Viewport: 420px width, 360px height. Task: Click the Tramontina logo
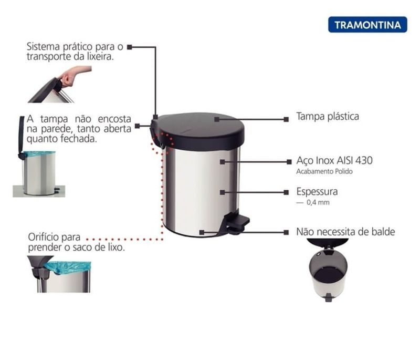pos(367,25)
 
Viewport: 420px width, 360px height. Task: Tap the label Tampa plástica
pos(328,117)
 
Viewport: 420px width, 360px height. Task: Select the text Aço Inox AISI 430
pos(334,161)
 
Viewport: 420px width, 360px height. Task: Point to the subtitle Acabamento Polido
pos(324,171)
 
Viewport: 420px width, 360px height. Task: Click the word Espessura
pos(317,192)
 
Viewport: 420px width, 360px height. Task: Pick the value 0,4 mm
pos(318,202)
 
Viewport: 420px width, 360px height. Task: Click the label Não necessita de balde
pos(345,232)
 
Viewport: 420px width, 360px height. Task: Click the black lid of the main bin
pos(199,131)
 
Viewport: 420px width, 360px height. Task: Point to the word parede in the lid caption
pos(57,129)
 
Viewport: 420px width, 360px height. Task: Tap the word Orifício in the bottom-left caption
pos(44,237)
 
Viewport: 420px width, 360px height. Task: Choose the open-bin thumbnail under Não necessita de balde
pos(328,270)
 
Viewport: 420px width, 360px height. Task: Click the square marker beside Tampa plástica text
pos(286,119)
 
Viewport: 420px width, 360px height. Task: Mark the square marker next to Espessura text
pos(286,192)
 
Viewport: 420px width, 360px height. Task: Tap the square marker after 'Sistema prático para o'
pos(130,47)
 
